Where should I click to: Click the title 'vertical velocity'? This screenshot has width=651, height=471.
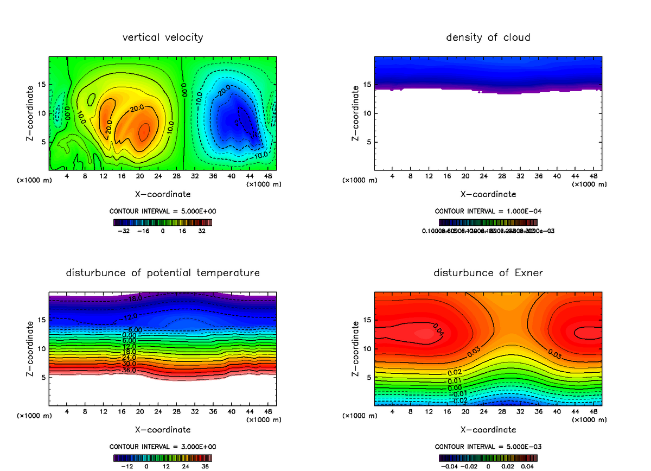click(163, 37)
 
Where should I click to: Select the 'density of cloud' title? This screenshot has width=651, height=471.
click(488, 37)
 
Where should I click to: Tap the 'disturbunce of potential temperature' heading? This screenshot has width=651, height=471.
click(163, 272)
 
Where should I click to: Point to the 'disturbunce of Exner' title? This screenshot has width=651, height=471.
click(488, 272)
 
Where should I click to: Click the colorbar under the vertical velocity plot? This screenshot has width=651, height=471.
click(163, 222)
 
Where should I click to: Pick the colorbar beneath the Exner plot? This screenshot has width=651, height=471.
click(488, 457)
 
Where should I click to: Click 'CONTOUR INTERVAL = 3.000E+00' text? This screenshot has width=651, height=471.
click(163, 447)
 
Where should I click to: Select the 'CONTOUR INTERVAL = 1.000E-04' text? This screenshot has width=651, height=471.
click(488, 211)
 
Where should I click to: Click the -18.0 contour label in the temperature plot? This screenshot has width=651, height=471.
click(132, 298)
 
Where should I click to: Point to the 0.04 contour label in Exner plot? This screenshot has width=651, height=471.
click(438, 329)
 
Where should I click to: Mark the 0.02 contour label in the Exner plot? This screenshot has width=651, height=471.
click(455, 372)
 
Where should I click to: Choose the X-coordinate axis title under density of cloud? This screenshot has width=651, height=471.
click(488, 194)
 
